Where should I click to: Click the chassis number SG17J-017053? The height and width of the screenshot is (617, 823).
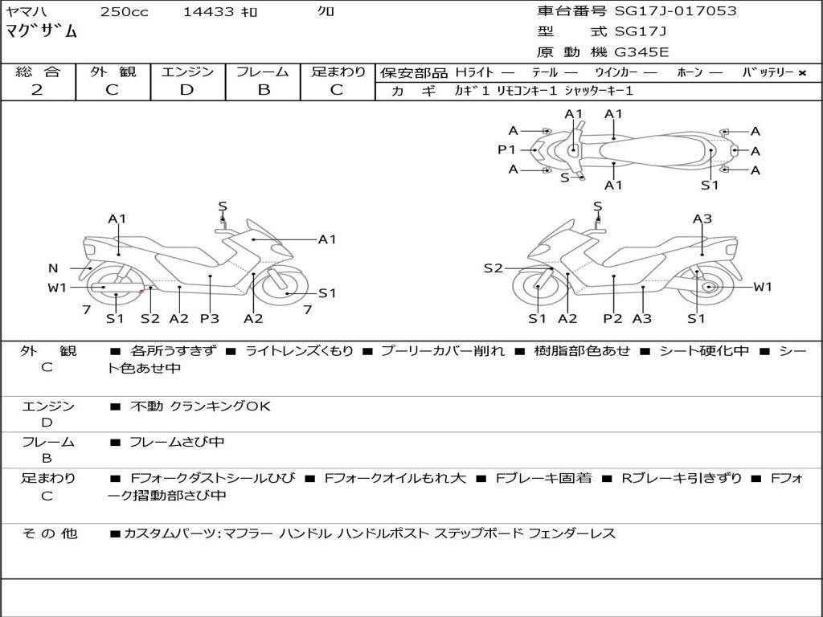click(675, 11)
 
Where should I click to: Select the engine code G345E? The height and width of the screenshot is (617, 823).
click(641, 52)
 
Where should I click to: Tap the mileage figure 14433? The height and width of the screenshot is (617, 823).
click(208, 12)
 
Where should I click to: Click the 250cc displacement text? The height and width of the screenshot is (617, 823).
click(124, 12)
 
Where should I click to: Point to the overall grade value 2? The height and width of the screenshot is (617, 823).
click(37, 90)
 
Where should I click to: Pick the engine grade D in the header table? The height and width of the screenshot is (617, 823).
click(186, 90)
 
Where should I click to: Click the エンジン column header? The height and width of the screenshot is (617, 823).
click(187, 72)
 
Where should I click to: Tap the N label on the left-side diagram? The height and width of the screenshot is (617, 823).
click(53, 268)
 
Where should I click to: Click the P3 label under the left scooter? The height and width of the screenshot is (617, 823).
click(209, 319)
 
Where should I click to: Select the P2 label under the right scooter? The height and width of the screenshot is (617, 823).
click(613, 319)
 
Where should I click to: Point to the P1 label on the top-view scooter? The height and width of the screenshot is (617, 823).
click(506, 149)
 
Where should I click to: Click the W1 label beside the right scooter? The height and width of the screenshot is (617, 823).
click(762, 287)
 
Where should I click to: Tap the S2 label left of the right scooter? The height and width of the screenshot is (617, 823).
click(493, 268)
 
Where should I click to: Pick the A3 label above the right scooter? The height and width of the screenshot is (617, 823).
click(702, 219)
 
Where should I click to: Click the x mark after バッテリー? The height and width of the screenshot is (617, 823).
click(801, 73)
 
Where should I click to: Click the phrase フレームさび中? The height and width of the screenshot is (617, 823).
click(177, 442)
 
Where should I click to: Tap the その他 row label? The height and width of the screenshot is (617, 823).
click(49, 533)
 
